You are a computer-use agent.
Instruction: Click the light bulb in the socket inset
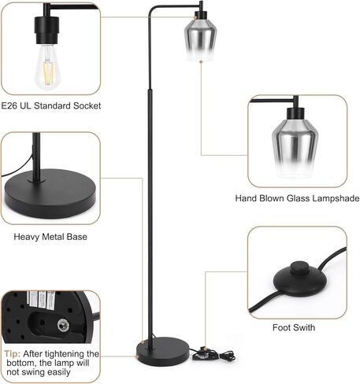[x=47, y=67]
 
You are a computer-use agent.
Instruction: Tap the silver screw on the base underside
[x=63, y=326]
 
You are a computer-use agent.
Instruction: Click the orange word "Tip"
[x=12, y=354]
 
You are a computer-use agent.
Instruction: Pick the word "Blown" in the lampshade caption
[x=272, y=198]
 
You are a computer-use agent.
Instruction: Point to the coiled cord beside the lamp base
[x=213, y=355]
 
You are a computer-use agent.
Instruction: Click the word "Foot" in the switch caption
[x=281, y=327]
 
